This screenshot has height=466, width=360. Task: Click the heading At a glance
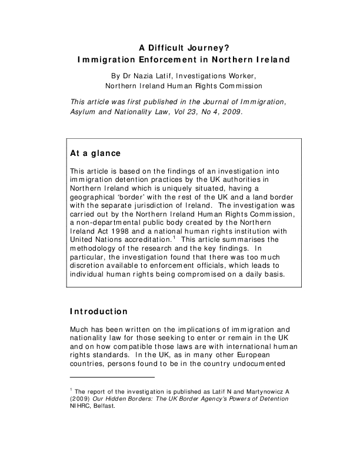pos(95,154)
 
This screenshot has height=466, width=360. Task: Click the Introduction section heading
pos(98,311)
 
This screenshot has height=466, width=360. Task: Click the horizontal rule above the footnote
pos(112,377)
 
